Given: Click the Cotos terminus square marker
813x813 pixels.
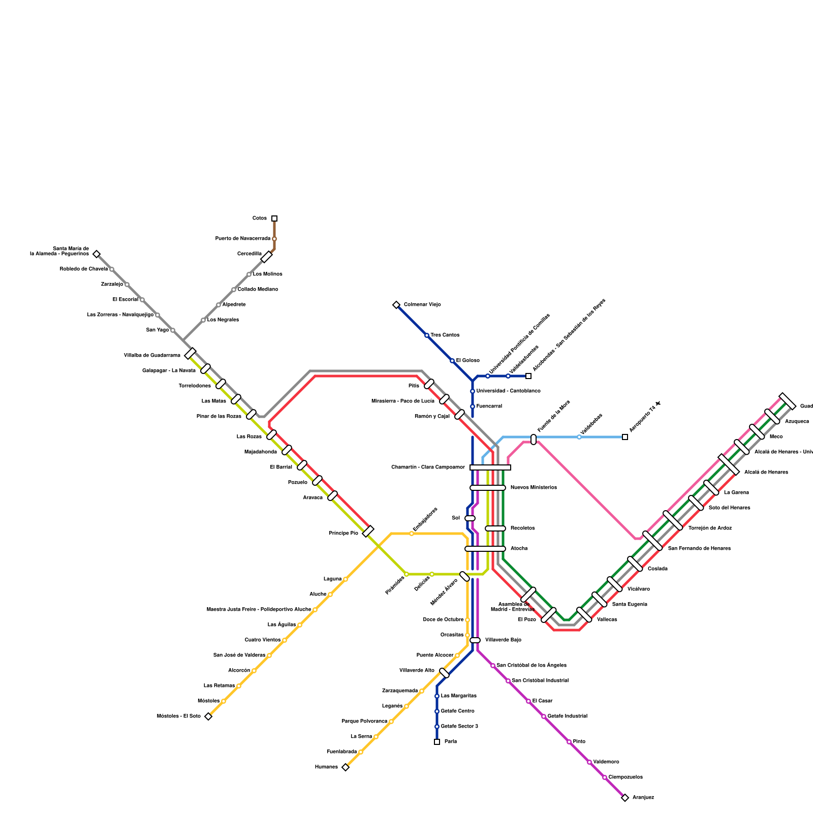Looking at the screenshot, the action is tap(274, 218).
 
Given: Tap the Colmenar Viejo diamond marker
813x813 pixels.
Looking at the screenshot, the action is tap(396, 305).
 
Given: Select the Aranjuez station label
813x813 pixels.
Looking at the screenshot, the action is tap(643, 798).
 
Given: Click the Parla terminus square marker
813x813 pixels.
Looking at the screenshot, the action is tap(437, 742).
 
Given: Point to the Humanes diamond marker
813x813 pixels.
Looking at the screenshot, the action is tap(346, 767).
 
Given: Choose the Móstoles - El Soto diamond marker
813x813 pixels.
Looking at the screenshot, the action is tap(208, 716).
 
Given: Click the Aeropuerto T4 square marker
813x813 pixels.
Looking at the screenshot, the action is tap(625, 437).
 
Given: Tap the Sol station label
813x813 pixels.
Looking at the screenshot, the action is tap(456, 518).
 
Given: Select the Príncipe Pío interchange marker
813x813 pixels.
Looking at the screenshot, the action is tap(368, 531).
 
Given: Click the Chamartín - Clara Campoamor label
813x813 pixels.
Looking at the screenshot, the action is tap(428, 467).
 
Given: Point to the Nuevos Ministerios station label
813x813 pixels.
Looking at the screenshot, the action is tap(534, 488).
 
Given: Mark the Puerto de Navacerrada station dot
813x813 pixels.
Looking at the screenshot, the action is tap(274, 239).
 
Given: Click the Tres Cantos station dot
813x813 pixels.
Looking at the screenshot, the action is tap(427, 335).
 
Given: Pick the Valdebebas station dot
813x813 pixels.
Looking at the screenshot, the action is tap(579, 437).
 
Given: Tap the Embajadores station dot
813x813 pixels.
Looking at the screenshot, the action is tap(412, 534).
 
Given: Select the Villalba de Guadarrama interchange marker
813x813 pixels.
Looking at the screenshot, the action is tap(191, 353).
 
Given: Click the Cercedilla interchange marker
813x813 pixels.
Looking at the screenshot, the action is tap(267, 257).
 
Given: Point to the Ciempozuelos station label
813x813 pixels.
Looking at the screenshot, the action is tap(626, 777).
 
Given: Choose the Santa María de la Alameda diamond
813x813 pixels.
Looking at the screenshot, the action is tap(97, 254).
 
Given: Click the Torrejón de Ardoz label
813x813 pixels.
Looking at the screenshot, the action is tap(710, 528).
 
